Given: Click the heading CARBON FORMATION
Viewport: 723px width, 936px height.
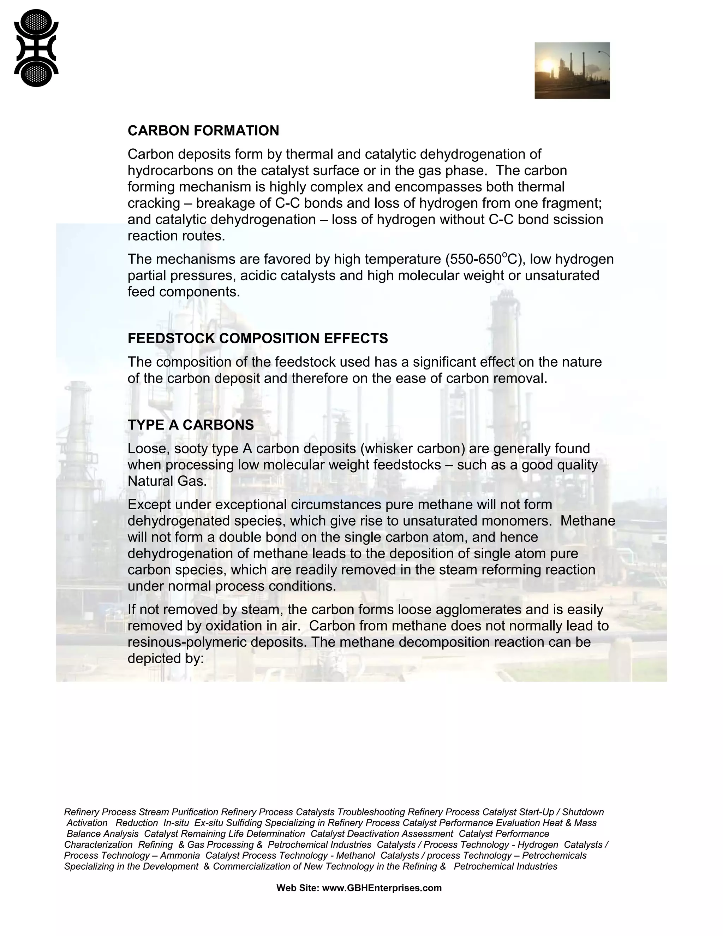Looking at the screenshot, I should tap(203, 131).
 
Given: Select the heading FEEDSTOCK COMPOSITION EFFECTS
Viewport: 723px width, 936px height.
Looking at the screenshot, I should tap(257, 339).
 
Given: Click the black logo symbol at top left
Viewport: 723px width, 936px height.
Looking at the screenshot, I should tap(36, 48).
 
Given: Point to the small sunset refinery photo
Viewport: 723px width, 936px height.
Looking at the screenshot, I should tap(572, 71).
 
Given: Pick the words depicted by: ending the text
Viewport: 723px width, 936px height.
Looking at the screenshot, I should tap(165, 659).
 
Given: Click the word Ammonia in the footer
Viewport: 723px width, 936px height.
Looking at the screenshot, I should tap(180, 855).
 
